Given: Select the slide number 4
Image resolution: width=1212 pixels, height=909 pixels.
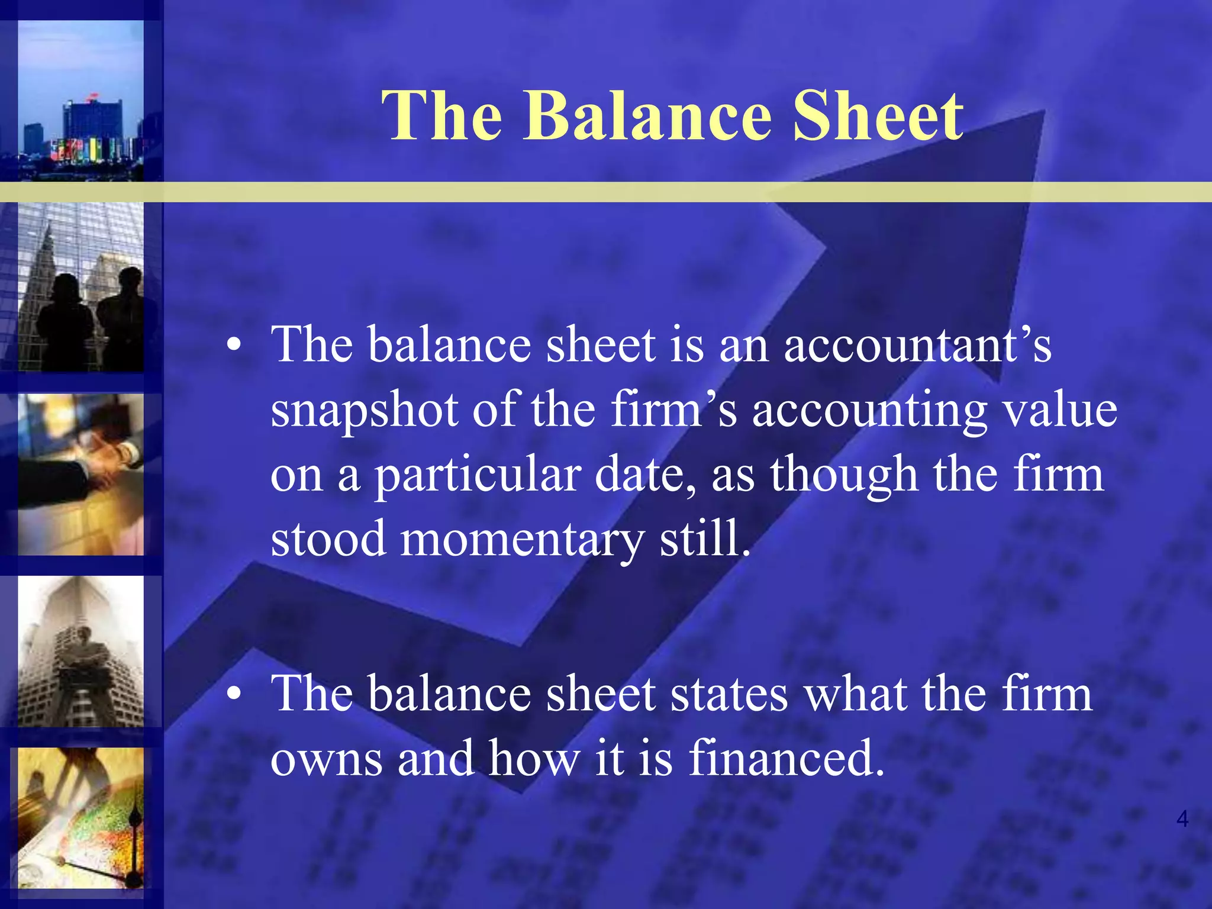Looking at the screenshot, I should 1182,819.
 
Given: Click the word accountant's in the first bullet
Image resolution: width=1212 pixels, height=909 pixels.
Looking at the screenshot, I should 918,345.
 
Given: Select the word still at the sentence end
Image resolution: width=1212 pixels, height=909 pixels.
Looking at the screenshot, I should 704,539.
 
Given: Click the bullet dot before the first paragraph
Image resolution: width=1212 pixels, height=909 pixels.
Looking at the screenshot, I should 235,347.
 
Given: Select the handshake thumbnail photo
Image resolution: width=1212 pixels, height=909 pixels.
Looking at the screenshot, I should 80,475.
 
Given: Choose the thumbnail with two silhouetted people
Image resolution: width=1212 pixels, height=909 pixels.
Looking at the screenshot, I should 80,288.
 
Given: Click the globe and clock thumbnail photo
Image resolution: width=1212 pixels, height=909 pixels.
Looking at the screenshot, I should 80,818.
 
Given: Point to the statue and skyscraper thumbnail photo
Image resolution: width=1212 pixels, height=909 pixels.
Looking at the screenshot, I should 80,651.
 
